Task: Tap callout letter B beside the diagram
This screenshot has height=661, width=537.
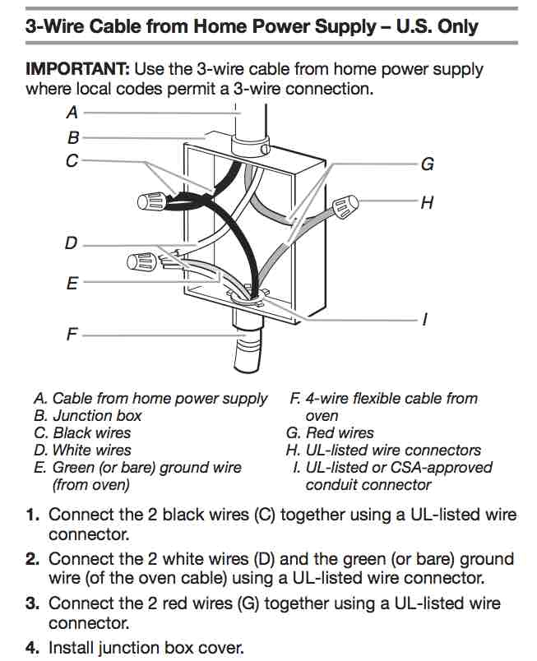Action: point(73,137)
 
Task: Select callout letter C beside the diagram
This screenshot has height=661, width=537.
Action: point(72,161)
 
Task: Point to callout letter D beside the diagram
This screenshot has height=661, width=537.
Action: point(72,244)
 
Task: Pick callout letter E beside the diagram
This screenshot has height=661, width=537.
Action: point(72,284)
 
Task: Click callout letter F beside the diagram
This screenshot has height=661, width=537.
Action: point(72,335)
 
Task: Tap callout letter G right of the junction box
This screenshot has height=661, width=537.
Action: point(427,164)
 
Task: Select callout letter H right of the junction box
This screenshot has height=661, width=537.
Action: point(427,201)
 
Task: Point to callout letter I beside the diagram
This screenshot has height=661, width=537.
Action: point(425,320)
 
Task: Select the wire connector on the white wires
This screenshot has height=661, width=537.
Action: point(141,263)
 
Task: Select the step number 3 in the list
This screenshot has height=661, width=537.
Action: point(32,604)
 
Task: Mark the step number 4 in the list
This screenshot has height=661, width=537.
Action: point(32,648)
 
